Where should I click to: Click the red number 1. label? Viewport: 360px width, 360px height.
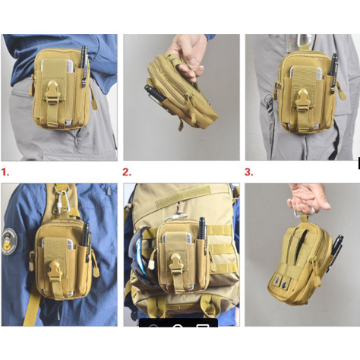coord(5,172)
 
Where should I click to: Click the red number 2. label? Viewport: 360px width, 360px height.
coord(127,172)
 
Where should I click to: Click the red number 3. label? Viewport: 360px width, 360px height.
coord(249,172)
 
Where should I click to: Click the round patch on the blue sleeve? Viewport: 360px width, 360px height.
coord(9,242)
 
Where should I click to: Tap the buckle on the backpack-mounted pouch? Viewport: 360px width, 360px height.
coord(176,264)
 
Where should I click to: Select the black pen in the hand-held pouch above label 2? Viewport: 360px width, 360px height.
coord(155,93)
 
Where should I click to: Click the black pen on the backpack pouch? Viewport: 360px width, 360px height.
coord(202,229)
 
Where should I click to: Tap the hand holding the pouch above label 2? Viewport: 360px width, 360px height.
coord(188,56)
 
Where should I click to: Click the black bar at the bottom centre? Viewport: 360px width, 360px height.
coord(178,323)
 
